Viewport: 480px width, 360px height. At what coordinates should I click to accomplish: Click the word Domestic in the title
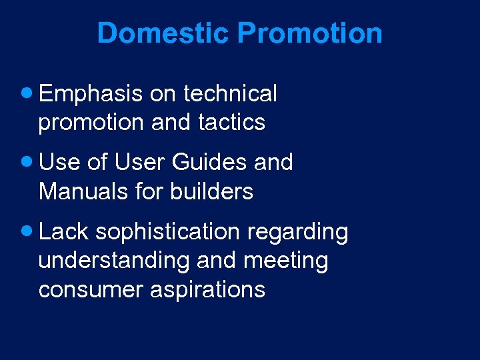coord(163,33)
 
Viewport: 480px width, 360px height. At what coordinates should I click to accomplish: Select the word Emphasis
coord(91,94)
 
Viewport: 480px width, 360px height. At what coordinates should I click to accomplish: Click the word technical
coord(230,94)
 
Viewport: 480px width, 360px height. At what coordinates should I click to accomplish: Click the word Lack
coord(64,231)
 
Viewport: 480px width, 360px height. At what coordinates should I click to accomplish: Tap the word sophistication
coord(167,231)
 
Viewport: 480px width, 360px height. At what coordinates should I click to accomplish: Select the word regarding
coord(297,232)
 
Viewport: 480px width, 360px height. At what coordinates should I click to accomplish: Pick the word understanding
coord(114,261)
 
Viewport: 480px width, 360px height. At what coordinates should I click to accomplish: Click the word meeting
coord(286,261)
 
